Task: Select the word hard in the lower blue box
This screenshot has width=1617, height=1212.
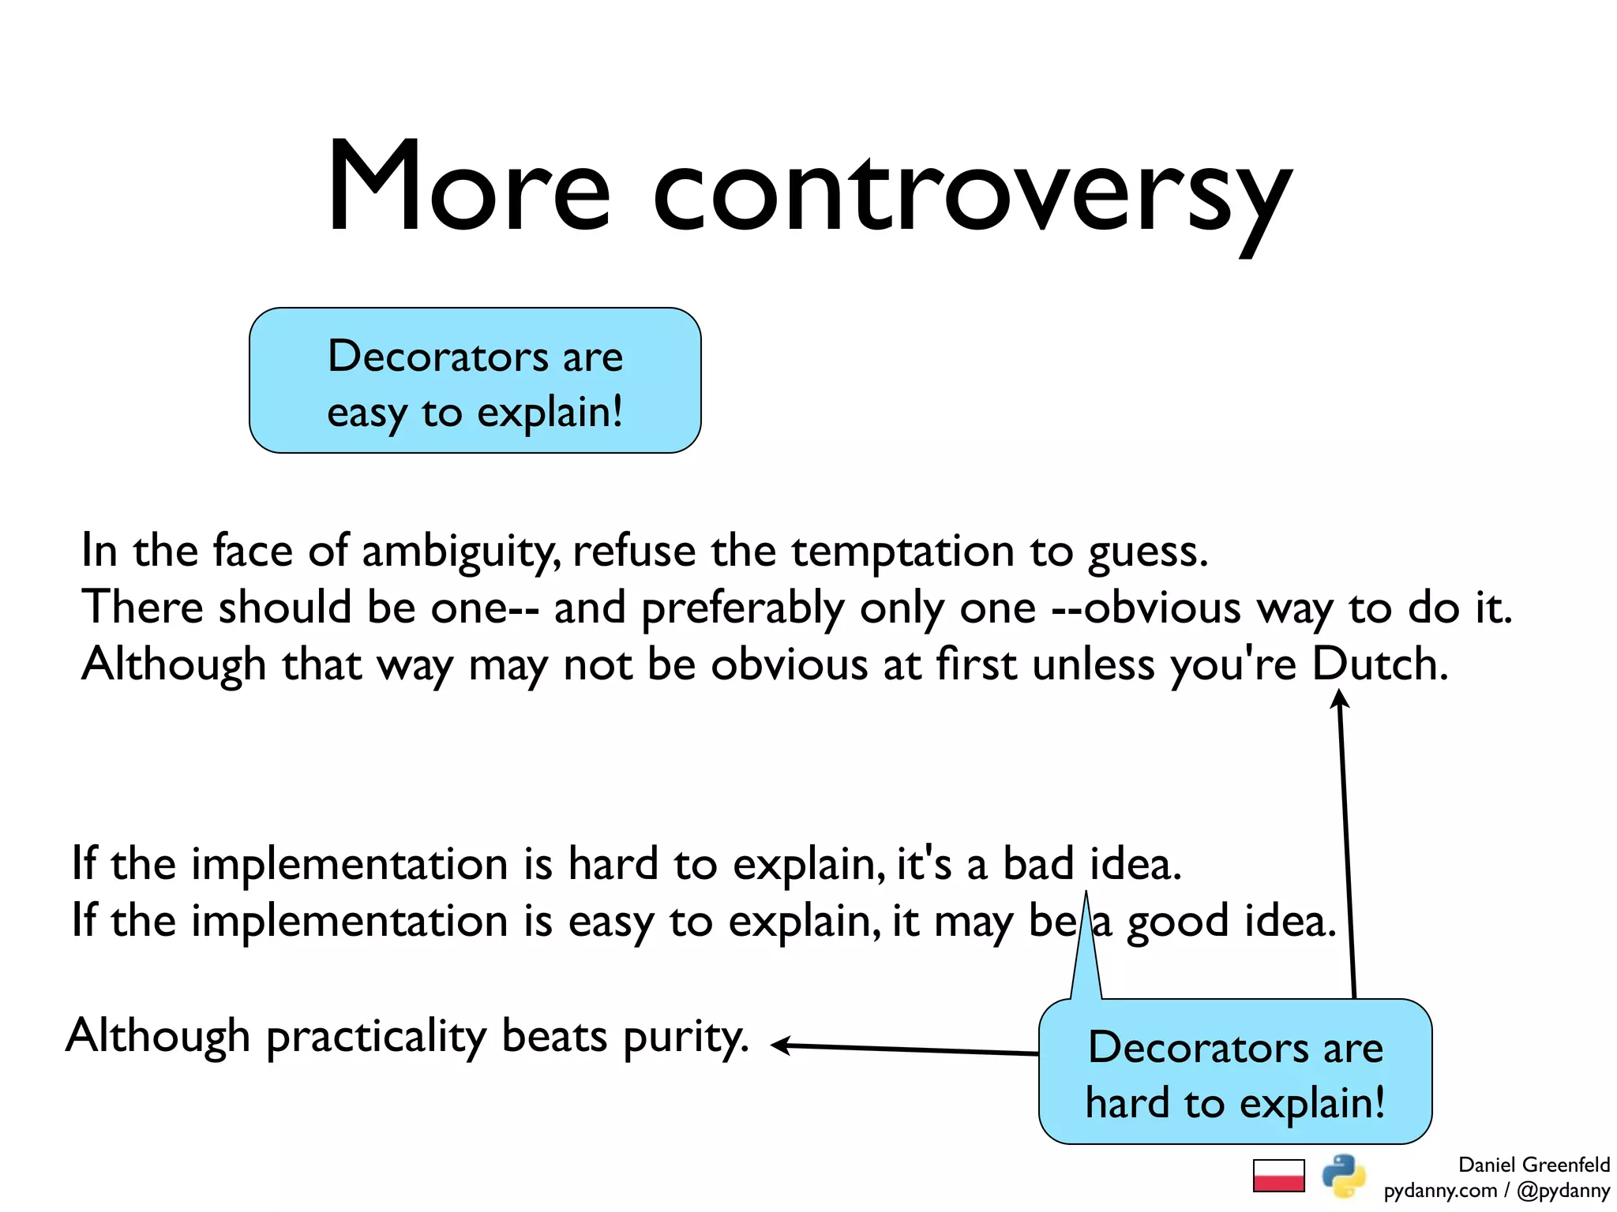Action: (1127, 1102)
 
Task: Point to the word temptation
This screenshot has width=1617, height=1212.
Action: (902, 551)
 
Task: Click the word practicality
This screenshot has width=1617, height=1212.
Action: (377, 1037)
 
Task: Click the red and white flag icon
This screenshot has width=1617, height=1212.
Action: (1278, 1176)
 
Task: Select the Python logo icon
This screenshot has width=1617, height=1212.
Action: (1344, 1176)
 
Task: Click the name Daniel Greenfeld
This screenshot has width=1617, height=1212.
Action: (1533, 1165)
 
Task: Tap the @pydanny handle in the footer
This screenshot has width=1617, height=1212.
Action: (1563, 1191)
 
